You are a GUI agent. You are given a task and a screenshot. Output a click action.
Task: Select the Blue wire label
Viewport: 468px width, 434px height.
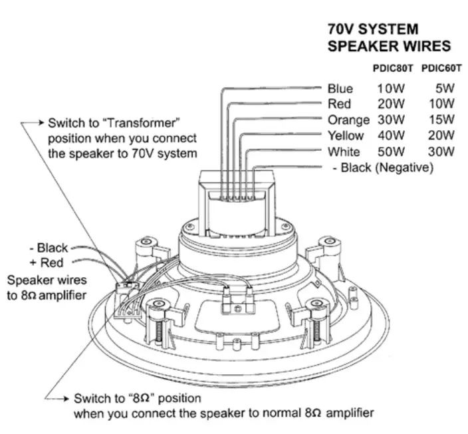(x=340, y=88)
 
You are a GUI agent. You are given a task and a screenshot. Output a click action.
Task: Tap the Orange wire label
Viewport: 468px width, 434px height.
(x=348, y=120)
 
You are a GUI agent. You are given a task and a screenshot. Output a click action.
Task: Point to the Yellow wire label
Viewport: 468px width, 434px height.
(x=346, y=136)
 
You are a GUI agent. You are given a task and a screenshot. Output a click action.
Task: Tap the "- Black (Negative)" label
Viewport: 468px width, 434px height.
(x=382, y=168)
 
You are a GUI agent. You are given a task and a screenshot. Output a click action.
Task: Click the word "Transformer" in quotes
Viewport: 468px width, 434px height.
(x=148, y=123)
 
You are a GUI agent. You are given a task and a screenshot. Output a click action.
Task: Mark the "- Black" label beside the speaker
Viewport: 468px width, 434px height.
(x=48, y=249)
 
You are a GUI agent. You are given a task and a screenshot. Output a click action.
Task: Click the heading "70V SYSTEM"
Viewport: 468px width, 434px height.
(x=373, y=30)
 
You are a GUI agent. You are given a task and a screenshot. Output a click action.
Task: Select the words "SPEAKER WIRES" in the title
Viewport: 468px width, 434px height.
(x=390, y=47)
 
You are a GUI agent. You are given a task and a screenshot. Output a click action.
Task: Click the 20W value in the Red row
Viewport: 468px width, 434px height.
(x=390, y=104)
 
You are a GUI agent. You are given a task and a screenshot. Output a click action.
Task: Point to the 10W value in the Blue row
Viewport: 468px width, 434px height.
(x=390, y=88)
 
